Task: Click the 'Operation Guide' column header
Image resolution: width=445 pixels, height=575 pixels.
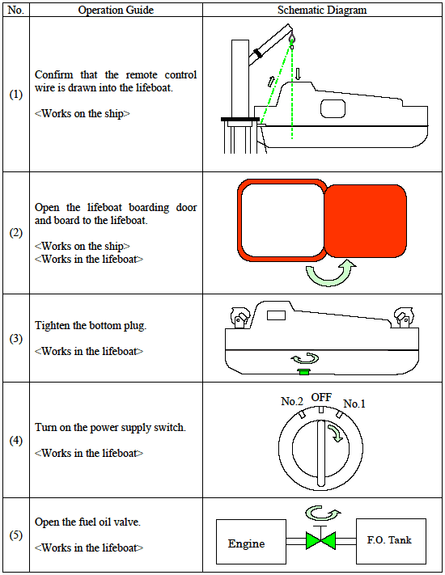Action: (116, 10)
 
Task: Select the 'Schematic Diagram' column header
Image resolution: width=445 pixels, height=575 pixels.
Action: (322, 10)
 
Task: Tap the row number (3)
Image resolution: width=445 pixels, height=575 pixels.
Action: (15, 338)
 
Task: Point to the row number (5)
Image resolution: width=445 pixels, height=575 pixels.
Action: (15, 535)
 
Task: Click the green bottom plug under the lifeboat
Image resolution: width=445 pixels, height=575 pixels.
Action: (304, 372)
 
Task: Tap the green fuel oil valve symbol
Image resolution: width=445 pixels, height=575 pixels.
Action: (320, 540)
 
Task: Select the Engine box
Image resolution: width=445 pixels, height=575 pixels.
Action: (251, 542)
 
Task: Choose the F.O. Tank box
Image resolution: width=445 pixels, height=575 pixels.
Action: (391, 541)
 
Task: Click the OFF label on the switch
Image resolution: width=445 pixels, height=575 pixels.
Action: (321, 398)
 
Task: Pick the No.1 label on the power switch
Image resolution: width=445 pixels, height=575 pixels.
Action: (354, 404)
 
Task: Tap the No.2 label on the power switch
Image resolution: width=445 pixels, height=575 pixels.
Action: (292, 402)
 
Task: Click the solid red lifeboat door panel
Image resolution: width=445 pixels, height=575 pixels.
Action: (366, 221)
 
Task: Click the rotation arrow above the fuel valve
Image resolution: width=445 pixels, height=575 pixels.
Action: (323, 514)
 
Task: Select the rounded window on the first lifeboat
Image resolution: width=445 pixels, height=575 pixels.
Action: (333, 108)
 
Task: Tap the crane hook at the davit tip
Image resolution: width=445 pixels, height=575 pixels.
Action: (292, 39)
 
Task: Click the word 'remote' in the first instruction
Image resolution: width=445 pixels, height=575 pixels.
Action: (142, 75)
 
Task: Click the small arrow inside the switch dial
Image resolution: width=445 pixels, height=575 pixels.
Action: (335, 433)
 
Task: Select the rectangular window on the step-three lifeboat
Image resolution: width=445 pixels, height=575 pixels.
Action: (276, 315)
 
